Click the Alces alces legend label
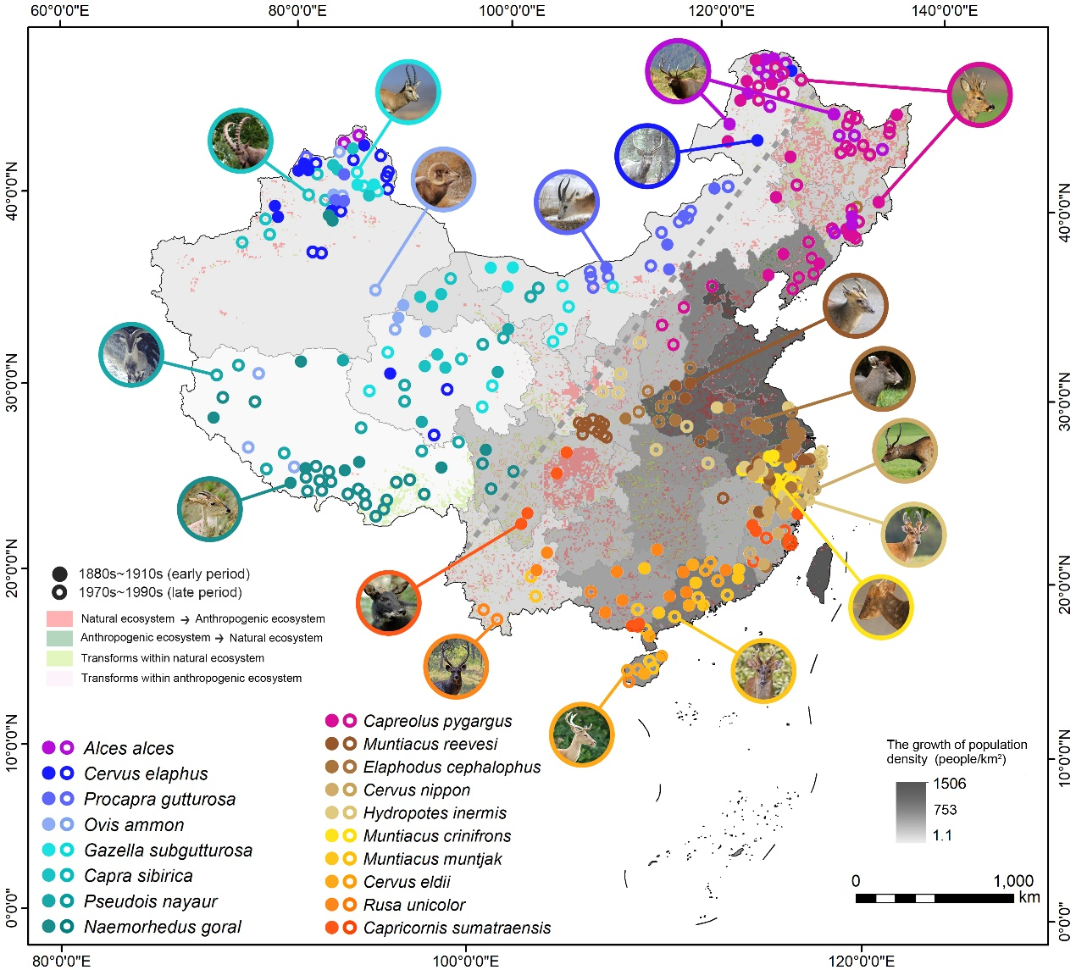click(x=129, y=748)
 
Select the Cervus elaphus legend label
click(x=146, y=773)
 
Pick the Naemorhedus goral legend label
click(x=163, y=927)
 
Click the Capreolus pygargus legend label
click(x=437, y=721)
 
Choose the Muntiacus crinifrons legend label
click(x=437, y=835)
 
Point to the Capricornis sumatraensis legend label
click(x=457, y=928)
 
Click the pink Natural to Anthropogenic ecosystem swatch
click(x=59, y=618)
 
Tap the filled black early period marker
click(x=59, y=574)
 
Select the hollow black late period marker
click(x=59, y=592)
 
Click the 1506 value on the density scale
click(x=950, y=784)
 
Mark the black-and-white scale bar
click(x=935, y=898)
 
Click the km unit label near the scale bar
click(x=1029, y=897)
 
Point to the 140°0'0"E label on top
click(x=945, y=11)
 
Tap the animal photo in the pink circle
click(x=979, y=94)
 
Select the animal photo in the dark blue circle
click(x=647, y=156)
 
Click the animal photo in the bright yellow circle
click(x=880, y=607)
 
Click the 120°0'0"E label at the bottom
click(x=861, y=960)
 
